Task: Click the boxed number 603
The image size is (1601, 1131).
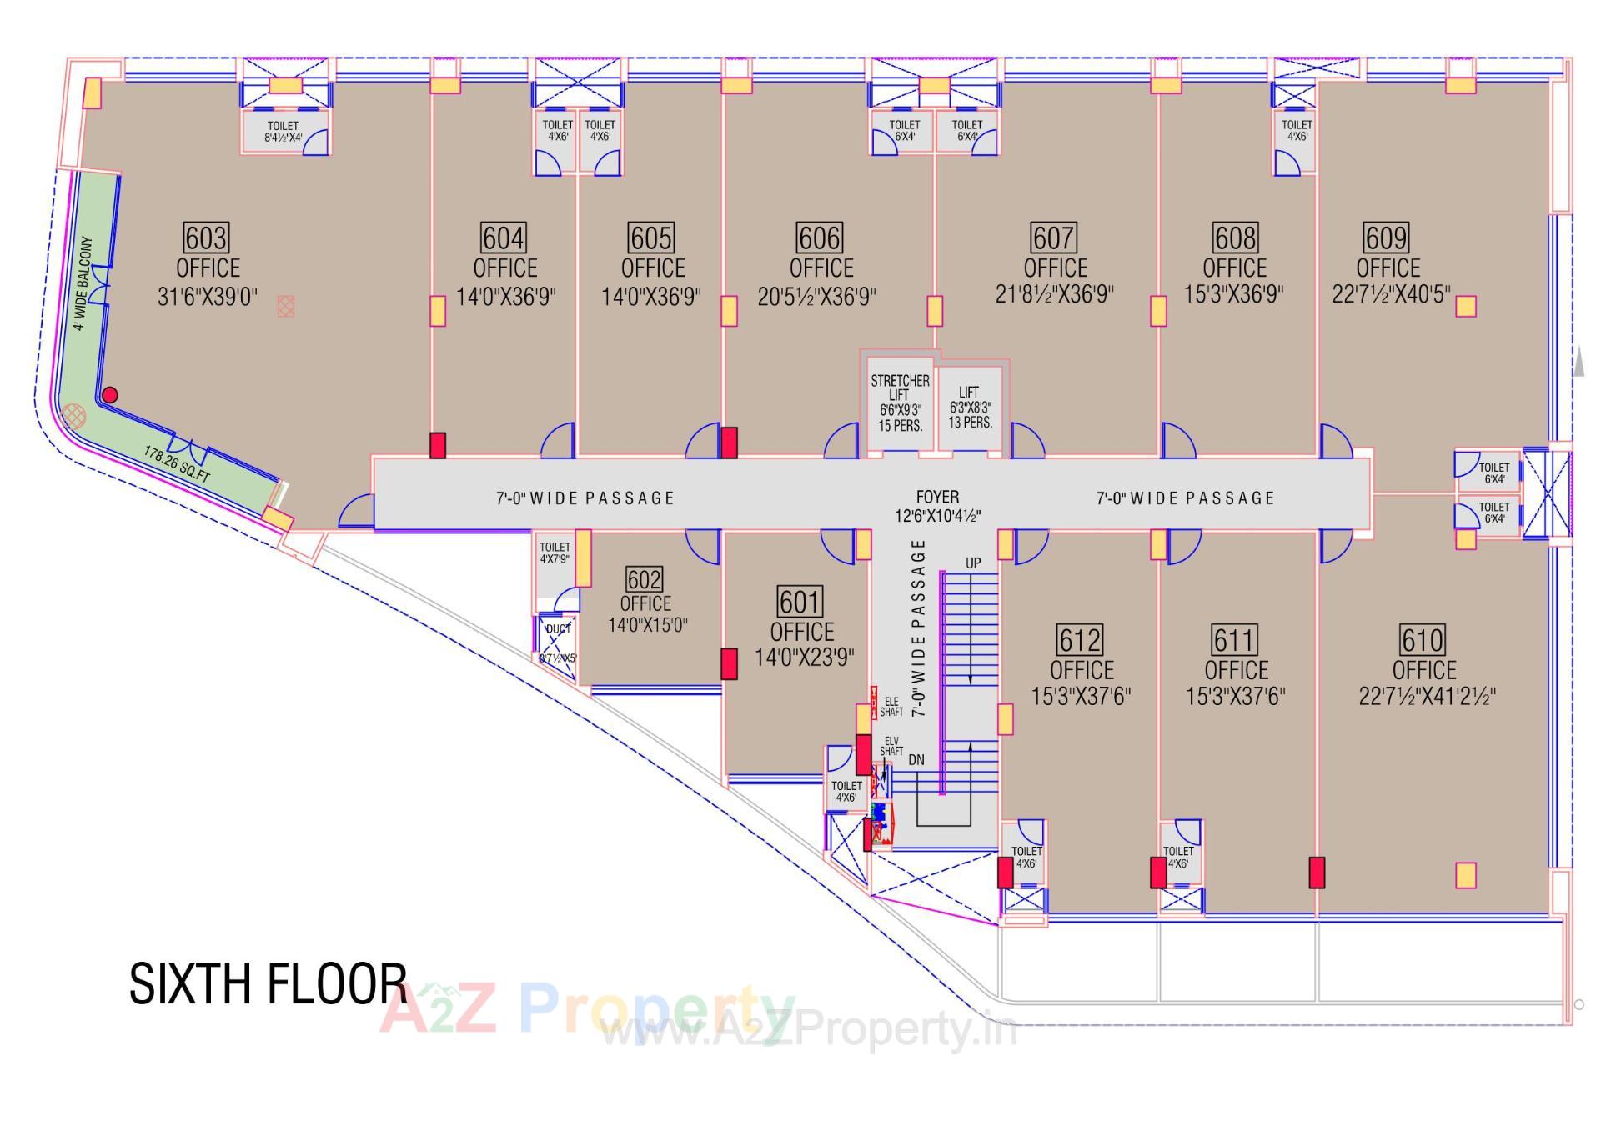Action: pos(205,238)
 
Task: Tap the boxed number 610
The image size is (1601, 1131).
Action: pos(1422,640)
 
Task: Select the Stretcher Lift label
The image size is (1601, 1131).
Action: pos(900,403)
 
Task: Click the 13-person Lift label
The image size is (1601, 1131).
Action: pos(969,407)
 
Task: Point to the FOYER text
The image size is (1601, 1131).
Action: pos(937,498)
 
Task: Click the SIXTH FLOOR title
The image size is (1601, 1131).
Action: pos(268,983)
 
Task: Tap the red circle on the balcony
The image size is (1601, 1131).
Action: pos(109,395)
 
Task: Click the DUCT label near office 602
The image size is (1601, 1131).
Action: pos(558,628)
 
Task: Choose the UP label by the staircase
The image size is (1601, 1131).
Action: pos(973,563)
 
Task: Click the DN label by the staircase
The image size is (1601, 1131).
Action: pos(916,760)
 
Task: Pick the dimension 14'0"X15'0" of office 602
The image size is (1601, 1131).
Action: pos(647,625)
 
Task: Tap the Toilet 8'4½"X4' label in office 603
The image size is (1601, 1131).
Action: pos(284,132)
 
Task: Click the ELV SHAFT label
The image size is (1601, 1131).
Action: pos(891,746)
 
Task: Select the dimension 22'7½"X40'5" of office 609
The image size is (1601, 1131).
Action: pos(1391,295)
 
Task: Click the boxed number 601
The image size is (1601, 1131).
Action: pos(800,601)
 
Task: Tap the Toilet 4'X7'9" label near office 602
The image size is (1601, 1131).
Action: pos(555,553)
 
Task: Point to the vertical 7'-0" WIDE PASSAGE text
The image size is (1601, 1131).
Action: pos(918,628)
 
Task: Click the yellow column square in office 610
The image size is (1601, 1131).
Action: pos(1465,875)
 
